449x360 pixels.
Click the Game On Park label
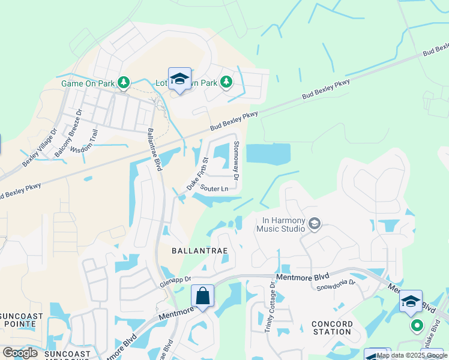[x=88, y=83]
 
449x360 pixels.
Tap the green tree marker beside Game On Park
[x=123, y=82]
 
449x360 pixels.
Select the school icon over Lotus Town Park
[x=179, y=79]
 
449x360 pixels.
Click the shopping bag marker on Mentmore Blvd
[x=203, y=296]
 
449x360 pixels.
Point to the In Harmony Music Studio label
[x=281, y=223]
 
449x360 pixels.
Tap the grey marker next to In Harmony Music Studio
[x=314, y=224]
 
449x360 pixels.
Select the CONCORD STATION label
[x=331, y=328]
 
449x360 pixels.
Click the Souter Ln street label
[x=214, y=189]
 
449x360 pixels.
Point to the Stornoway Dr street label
[x=236, y=161]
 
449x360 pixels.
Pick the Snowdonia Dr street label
[x=336, y=284]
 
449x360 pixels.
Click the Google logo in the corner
[x=20, y=353]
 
